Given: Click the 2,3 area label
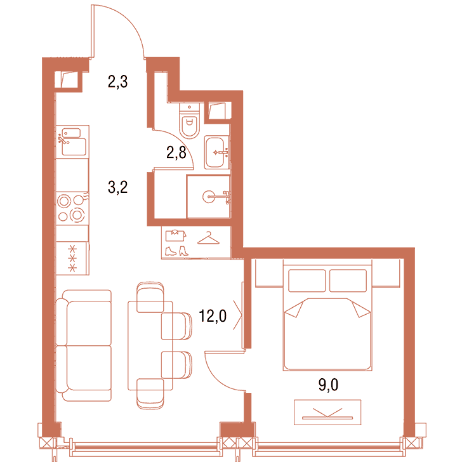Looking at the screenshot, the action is click(x=117, y=82).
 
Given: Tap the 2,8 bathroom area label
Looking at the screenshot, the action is click(x=176, y=152).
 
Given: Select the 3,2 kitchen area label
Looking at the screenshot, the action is click(x=117, y=187).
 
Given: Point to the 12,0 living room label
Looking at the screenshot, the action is click(x=213, y=316).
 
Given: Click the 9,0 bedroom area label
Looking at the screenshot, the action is click(x=328, y=385).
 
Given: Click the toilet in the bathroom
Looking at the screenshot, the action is click(x=190, y=121).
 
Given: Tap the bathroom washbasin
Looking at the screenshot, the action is click(x=216, y=152).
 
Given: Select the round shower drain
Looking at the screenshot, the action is click(x=209, y=197).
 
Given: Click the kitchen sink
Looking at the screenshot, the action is click(x=72, y=142).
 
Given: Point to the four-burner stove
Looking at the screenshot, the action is click(x=72, y=208).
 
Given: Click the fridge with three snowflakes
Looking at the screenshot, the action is click(x=72, y=258).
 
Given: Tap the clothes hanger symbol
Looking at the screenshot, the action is click(x=208, y=238).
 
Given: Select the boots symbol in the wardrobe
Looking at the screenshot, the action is click(x=176, y=251).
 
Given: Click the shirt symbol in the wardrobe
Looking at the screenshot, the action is click(x=176, y=235).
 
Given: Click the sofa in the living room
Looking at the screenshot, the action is click(x=83, y=345).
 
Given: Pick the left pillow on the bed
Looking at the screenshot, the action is click(x=307, y=280).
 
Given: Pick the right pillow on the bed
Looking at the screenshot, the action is click(x=348, y=280).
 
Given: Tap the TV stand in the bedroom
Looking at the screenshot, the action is click(x=327, y=412).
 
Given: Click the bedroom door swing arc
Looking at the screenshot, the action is click(x=218, y=378).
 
